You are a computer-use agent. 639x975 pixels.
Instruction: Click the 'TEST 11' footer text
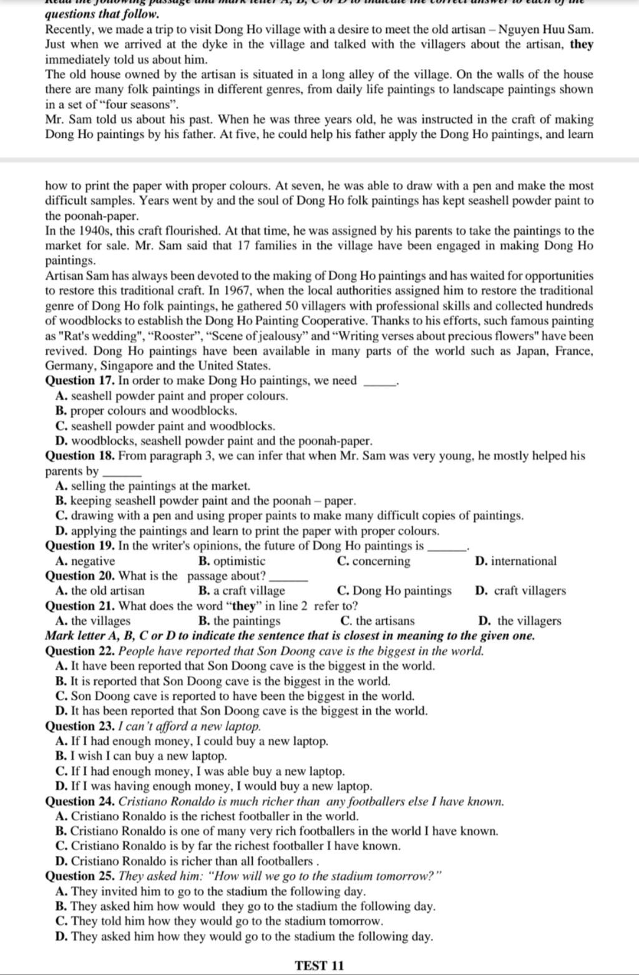[x=319, y=966]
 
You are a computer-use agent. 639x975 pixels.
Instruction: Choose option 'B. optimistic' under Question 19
[x=231, y=561]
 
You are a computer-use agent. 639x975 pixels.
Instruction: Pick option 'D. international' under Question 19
[x=515, y=561]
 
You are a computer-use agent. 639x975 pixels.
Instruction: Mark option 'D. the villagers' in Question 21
[x=519, y=621]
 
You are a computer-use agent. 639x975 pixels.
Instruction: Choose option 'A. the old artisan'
[x=100, y=591]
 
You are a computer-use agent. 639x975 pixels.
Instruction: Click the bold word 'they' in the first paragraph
[x=582, y=44]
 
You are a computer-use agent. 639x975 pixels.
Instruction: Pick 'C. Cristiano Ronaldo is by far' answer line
[x=228, y=846]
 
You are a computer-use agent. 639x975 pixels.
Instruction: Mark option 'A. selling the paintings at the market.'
[x=153, y=486]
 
